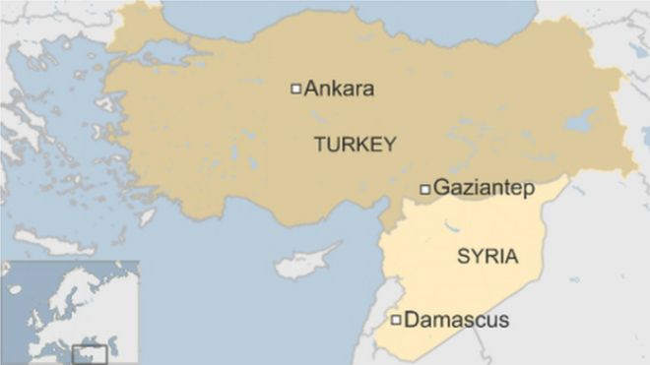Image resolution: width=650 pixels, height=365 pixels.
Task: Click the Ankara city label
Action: click(x=339, y=89)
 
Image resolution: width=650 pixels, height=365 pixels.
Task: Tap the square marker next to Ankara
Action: click(x=294, y=89)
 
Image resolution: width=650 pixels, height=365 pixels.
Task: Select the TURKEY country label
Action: click(x=355, y=145)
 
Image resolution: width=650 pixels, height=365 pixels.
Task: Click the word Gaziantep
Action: click(x=478, y=187)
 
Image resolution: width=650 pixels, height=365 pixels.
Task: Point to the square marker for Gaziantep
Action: click(x=424, y=188)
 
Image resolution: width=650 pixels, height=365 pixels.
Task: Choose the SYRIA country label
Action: click(x=487, y=257)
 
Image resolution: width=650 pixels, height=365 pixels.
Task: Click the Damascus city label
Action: click(x=457, y=320)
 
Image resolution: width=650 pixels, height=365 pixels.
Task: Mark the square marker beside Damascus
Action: click(x=396, y=320)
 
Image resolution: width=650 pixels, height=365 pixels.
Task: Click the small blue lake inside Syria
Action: click(x=454, y=227)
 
